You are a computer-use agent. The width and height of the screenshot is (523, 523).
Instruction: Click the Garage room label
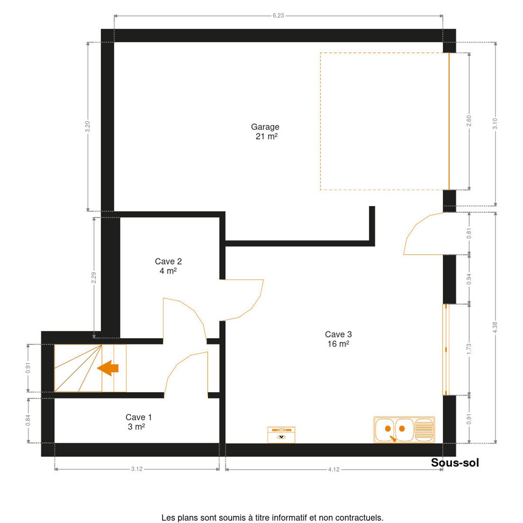click(x=265, y=132)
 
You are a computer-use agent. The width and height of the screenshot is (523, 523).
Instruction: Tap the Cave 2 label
click(x=168, y=266)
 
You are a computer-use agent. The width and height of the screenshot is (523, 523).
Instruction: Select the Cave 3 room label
click(x=338, y=339)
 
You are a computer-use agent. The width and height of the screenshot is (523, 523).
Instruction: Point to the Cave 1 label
click(x=139, y=422)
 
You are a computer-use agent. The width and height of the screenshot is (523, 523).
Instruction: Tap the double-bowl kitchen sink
click(x=404, y=430)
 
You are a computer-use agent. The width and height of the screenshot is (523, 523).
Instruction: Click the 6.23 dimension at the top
click(x=278, y=16)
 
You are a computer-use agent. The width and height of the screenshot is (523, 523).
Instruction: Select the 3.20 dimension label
click(x=88, y=126)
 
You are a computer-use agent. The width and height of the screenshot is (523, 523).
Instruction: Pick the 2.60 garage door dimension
click(x=469, y=121)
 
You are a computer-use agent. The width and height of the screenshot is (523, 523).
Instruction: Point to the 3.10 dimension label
click(x=495, y=124)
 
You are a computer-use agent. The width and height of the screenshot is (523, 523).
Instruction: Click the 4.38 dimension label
click(x=495, y=327)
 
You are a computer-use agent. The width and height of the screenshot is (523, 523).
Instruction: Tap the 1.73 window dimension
click(x=469, y=349)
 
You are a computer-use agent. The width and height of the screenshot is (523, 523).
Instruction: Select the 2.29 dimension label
click(x=94, y=278)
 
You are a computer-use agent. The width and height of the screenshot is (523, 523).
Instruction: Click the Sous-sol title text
click(x=455, y=463)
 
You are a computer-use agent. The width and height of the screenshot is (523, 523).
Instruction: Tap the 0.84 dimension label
click(x=28, y=421)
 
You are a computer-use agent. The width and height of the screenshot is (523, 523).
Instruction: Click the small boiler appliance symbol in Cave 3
click(x=281, y=435)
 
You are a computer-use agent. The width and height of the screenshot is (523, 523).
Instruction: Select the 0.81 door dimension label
click(x=469, y=234)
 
